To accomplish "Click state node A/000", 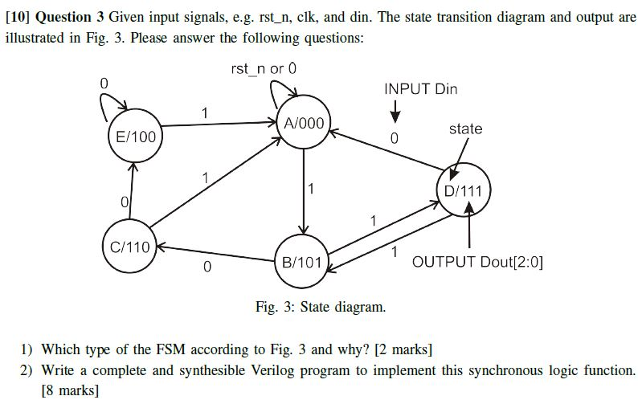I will (304, 124).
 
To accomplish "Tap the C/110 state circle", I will (129, 247).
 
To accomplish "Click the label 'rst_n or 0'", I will (264, 69).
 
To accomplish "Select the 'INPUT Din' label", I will (420, 89).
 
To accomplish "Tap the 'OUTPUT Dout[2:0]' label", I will (477, 262).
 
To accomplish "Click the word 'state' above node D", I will (465, 129).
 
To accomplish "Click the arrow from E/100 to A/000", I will (217, 124).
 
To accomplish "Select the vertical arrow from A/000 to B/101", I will (304, 193).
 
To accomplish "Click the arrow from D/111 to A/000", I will (386, 153).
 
